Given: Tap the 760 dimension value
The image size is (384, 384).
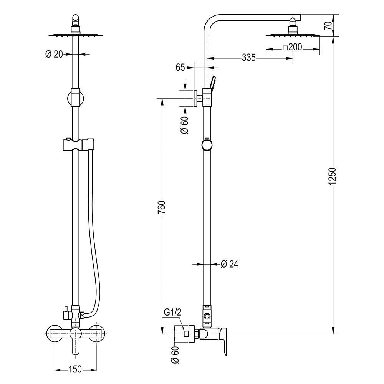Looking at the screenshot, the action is [x=162, y=207].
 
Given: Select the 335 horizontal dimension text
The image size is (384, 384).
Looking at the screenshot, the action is [x=248, y=58].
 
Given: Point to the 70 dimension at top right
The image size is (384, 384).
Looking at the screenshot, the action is [x=328, y=26].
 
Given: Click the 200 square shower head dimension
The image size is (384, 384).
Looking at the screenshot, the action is [x=295, y=47].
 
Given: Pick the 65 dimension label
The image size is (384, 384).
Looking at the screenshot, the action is [x=180, y=67].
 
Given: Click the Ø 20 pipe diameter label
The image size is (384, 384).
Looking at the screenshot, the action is [x=54, y=54].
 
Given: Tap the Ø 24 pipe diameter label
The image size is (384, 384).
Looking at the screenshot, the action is [x=230, y=264].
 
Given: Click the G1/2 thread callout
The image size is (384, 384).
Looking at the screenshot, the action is [x=173, y=313].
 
